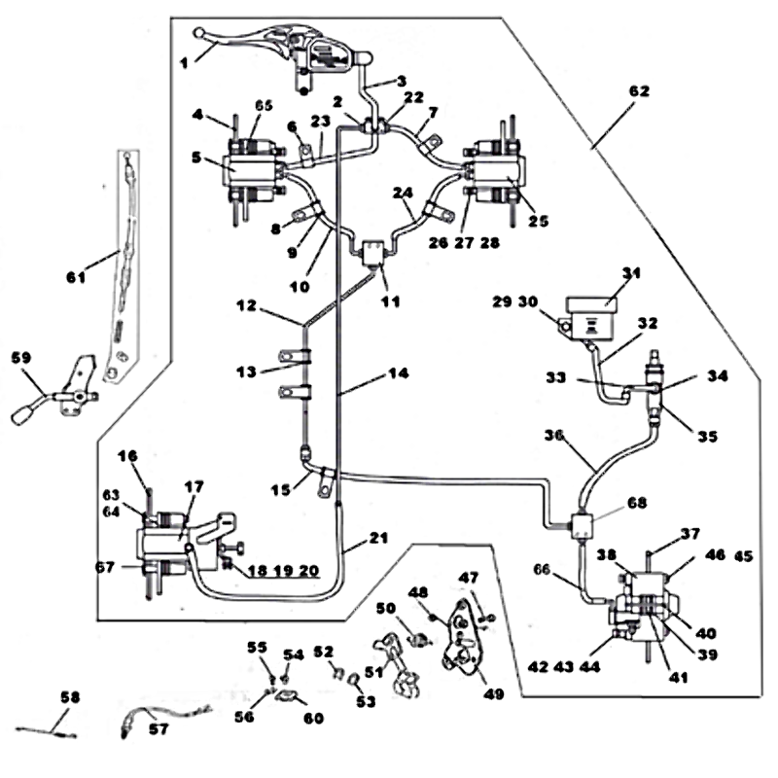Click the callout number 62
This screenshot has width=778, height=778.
[x=639, y=91]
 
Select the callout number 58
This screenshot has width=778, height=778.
[x=68, y=697]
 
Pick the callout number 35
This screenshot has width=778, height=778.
[x=706, y=437]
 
